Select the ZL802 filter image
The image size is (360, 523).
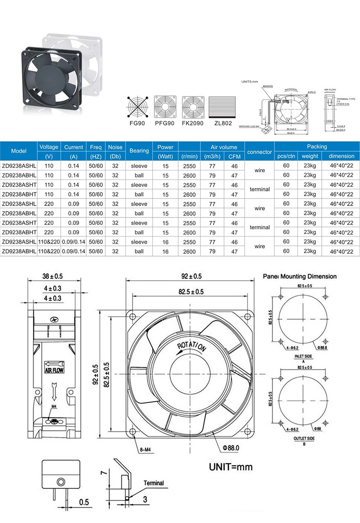click(x=222, y=107)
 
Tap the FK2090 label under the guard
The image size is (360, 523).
click(x=193, y=123)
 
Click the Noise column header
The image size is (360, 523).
click(x=115, y=147)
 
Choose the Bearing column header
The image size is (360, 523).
click(x=139, y=151)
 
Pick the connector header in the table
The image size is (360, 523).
click(x=259, y=152)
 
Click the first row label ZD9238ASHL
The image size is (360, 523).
click(x=19, y=166)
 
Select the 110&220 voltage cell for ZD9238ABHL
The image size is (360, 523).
click(x=49, y=251)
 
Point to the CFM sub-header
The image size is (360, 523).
click(x=235, y=156)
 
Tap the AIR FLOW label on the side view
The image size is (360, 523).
click(x=54, y=370)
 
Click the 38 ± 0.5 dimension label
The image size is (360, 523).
click(x=52, y=276)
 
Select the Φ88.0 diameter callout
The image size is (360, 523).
click(x=231, y=448)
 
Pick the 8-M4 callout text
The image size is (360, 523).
click(x=145, y=450)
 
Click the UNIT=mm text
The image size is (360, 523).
click(x=230, y=467)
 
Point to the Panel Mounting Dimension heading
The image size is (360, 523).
click(x=300, y=276)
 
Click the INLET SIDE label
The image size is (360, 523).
click(x=303, y=356)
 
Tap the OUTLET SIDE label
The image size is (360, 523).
click(x=304, y=438)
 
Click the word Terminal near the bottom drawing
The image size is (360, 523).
click(x=154, y=483)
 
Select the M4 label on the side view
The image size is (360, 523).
click(x=54, y=406)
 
